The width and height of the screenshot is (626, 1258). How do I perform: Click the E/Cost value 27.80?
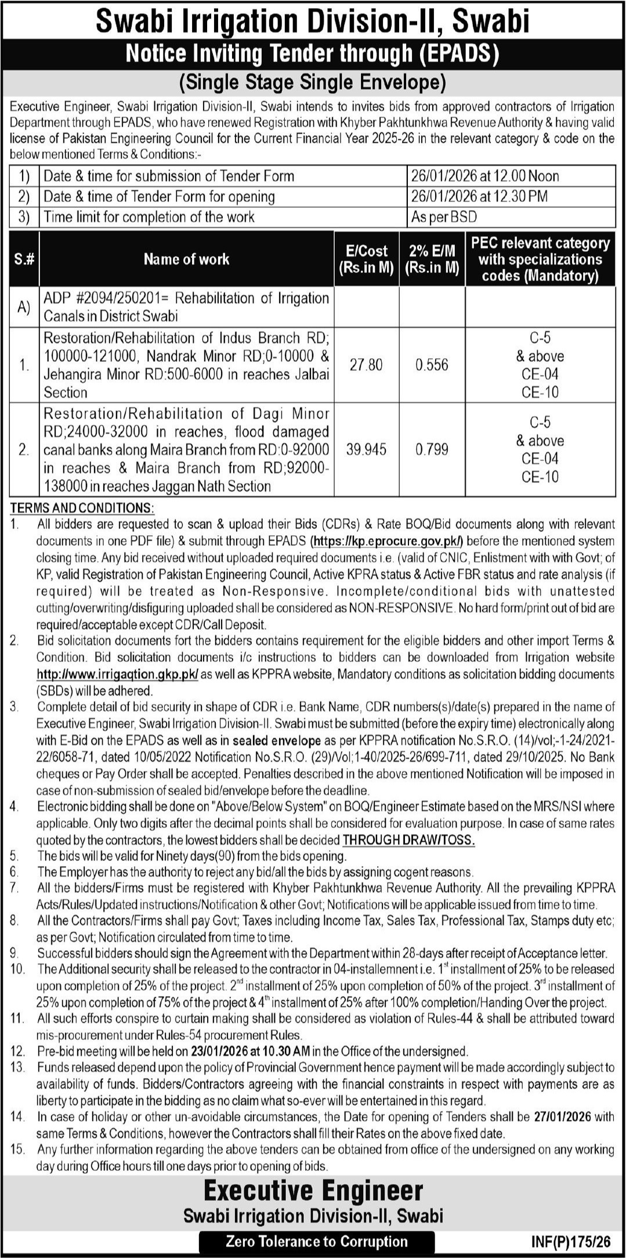pos(366,365)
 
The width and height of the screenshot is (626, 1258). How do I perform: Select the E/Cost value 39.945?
pos(366,450)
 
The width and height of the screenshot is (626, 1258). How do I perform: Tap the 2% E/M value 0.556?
pos(432,365)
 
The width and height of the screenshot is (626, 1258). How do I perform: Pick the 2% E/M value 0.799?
pos(432,450)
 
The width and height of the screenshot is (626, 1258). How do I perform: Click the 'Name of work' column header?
pos(186,259)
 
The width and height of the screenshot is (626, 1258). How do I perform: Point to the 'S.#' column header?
pos(24,259)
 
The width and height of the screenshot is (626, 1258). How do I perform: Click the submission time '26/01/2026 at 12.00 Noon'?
pos(485,176)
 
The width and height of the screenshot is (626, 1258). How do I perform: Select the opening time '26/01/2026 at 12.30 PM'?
pos(479,196)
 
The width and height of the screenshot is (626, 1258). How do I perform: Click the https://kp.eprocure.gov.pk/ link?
pos(388,542)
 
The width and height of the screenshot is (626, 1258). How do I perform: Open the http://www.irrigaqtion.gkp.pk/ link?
pos(118,675)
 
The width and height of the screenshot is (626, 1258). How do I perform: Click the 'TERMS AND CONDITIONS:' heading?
pos(82,509)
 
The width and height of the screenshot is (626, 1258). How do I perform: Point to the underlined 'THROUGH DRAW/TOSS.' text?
pos(408,840)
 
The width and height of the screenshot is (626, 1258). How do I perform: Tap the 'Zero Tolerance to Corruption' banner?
pos(317,1242)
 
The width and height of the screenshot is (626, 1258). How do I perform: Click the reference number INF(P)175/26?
pos(571,1242)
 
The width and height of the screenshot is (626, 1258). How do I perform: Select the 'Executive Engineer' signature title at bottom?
pos(313,1191)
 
